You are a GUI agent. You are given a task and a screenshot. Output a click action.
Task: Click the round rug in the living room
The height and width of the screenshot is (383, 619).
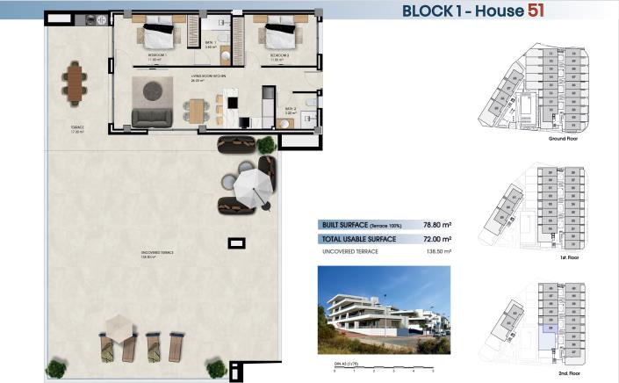point(155,88)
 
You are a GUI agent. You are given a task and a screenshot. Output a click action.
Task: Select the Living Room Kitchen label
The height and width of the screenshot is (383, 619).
point(208,76)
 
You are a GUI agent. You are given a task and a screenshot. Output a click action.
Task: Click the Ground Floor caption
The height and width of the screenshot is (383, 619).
point(561,139)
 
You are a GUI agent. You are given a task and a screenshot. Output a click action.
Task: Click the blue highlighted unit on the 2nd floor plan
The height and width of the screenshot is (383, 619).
point(550,330)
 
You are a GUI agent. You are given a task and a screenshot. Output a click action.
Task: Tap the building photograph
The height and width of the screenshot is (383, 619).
point(383,309)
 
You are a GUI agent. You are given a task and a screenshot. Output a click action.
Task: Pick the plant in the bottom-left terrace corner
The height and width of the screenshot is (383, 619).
point(57,368)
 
